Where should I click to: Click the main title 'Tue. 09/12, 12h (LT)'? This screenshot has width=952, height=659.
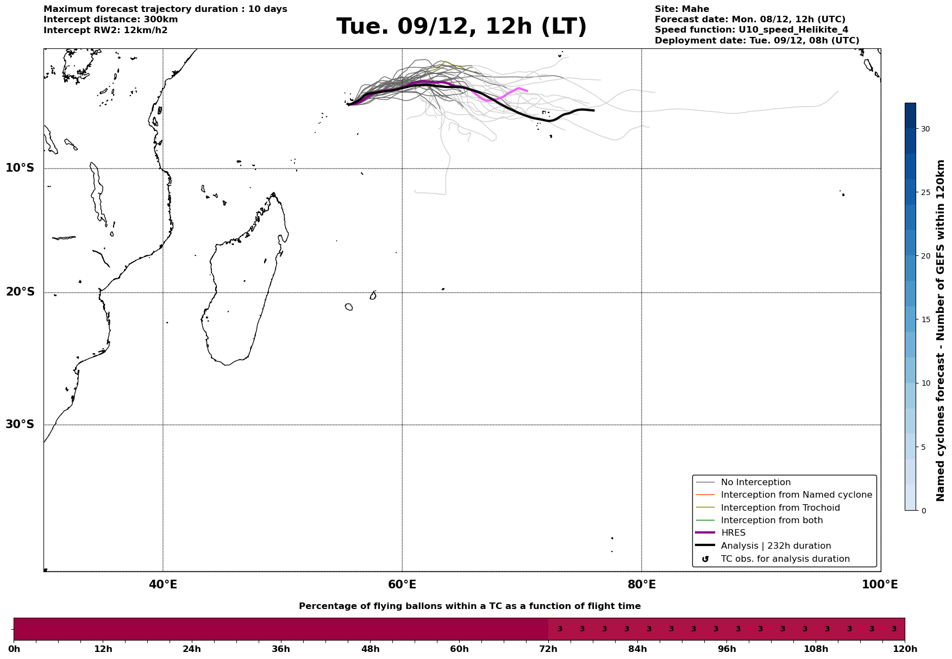coord(461,27)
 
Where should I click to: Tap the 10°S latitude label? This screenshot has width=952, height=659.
coord(20,168)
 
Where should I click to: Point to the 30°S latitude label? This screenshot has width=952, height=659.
coord(20,424)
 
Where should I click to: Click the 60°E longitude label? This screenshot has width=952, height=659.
coord(402,585)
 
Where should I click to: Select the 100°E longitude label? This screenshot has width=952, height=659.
coord(880,585)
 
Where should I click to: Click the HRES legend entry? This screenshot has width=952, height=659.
coord(733,533)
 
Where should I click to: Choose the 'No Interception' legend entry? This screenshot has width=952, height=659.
coord(755,482)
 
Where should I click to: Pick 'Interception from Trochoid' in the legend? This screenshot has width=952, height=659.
coord(780,508)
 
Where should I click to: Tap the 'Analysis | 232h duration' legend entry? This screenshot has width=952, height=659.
coord(775,546)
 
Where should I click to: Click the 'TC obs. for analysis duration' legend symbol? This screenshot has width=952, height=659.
coord(705,559)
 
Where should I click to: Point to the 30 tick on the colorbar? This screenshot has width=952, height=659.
coord(925,129)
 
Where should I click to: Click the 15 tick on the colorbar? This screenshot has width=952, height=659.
coord(925,319)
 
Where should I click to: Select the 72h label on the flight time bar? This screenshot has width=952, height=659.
coord(548,649)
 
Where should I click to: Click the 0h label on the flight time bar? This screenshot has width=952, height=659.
coord(14,649)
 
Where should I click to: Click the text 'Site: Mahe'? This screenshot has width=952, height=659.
coord(681,9)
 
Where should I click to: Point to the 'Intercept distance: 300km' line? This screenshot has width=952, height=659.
coord(110,20)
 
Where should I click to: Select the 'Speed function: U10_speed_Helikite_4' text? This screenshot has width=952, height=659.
coord(751,30)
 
